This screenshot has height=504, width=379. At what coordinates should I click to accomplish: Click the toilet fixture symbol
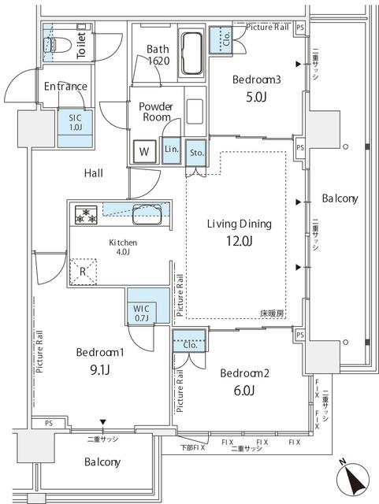[x=54, y=43]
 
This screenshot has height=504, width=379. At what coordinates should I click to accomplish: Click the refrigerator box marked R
[x=84, y=272]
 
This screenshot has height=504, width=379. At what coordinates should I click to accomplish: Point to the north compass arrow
[x=352, y=478]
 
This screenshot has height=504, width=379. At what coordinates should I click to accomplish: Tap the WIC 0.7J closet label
[x=142, y=313]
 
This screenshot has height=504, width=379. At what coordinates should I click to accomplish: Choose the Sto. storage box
[x=197, y=151]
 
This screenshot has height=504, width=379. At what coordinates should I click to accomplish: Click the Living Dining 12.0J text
[x=239, y=232]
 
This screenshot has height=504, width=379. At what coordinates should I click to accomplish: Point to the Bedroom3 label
[x=253, y=80]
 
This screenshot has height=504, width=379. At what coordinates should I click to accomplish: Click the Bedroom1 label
[x=98, y=352]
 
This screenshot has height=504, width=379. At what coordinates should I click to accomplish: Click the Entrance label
[x=65, y=87]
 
